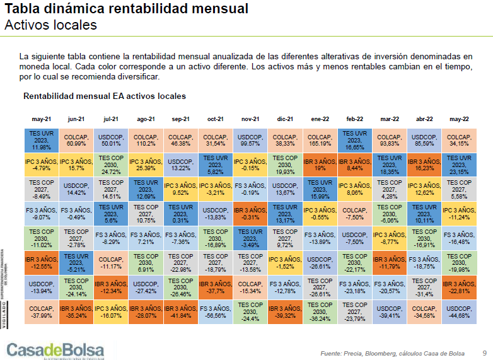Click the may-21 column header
[x=42, y=119]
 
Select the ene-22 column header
[x=320, y=119]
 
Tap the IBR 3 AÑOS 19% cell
[x=320, y=165]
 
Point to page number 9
[x=484, y=352]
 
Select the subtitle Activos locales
[x=50, y=25]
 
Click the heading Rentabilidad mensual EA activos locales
[x=105, y=96]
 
